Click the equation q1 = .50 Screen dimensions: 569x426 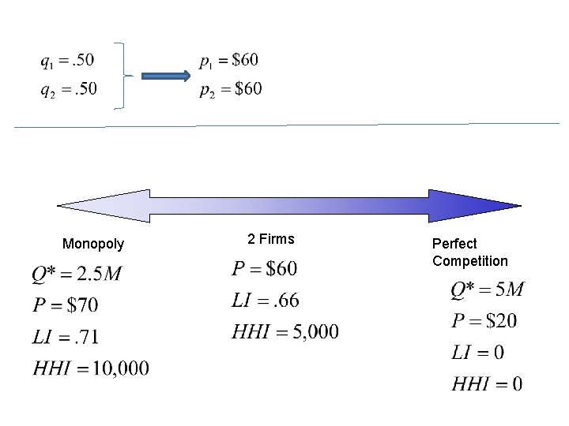pos(67,61)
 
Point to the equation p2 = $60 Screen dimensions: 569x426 pos(230,89)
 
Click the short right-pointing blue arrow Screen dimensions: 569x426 pos(166,76)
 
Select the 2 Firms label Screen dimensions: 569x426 pos(270,238)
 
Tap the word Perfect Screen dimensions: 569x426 pos(454,244)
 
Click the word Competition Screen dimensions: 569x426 pos(469,261)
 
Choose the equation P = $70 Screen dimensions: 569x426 pos(66,305)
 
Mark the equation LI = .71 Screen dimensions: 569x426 pos(66,337)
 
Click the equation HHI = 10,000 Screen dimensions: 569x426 pos(91,368)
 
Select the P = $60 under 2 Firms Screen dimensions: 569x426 pos(265,270)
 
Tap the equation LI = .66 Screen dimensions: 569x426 pos(266,301)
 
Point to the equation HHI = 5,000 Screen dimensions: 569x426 pos(285,332)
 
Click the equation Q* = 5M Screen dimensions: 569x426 pos(487,290)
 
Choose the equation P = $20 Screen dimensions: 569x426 pos(484,321)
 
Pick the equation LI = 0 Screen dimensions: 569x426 pos(477,352)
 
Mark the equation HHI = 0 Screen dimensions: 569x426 pos(487,384)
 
